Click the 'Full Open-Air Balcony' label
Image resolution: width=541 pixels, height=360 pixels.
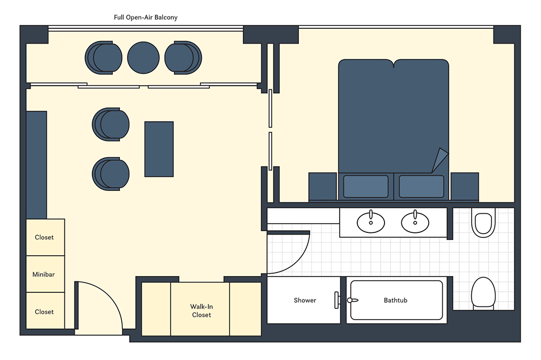[x=146, y=17]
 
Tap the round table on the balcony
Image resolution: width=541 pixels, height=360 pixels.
[x=143, y=58]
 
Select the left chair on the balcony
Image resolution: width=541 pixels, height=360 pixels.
[x=104, y=58]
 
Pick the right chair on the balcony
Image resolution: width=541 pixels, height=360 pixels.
[x=183, y=58]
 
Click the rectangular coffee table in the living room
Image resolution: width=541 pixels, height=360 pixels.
[x=159, y=149]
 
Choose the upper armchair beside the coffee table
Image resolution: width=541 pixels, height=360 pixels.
[x=111, y=124]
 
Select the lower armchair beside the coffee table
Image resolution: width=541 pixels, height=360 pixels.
[x=111, y=174]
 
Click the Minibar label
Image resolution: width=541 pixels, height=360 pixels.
[x=44, y=274]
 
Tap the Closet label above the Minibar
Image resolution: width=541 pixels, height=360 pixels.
[x=44, y=237]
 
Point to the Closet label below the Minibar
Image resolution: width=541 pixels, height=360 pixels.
[x=44, y=312]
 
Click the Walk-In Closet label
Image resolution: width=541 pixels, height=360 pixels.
[x=201, y=311]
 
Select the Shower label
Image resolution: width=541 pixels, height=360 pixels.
[x=305, y=301]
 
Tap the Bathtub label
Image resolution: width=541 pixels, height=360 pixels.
[x=396, y=301]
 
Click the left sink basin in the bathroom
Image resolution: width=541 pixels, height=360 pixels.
[x=371, y=221]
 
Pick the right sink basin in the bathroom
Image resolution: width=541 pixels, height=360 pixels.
[x=415, y=221]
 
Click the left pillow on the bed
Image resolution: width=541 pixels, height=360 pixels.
[x=366, y=187]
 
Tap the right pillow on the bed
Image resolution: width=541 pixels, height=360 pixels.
[x=422, y=187]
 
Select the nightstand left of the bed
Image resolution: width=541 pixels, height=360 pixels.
[x=323, y=187]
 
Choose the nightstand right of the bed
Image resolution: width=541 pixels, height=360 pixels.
[x=465, y=187]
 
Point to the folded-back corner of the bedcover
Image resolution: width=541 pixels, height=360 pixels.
[x=440, y=159]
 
